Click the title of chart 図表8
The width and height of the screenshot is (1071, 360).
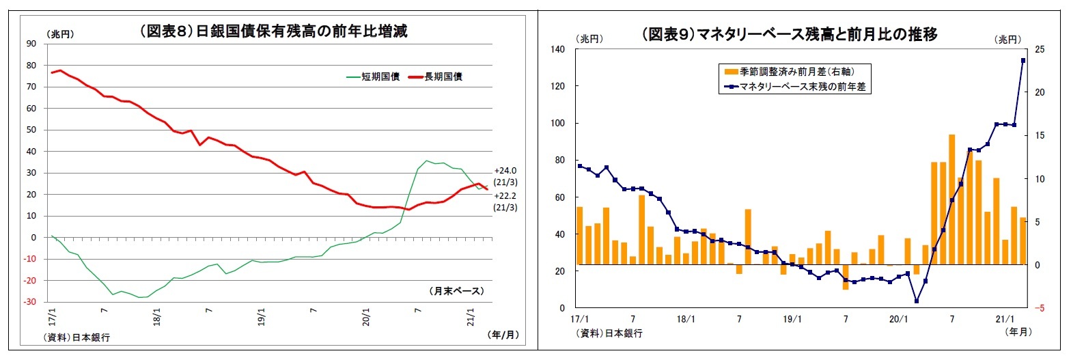273,31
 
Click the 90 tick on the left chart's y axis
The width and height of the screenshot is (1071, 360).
31,44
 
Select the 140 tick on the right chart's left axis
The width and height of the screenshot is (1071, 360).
559,50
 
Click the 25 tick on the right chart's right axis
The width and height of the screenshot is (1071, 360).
1040,50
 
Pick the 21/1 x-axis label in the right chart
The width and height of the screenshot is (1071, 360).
1004,319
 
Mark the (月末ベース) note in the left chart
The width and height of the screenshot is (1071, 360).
456,291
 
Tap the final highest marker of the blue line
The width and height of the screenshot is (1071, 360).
1023,61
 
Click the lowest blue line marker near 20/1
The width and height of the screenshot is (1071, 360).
916,301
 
